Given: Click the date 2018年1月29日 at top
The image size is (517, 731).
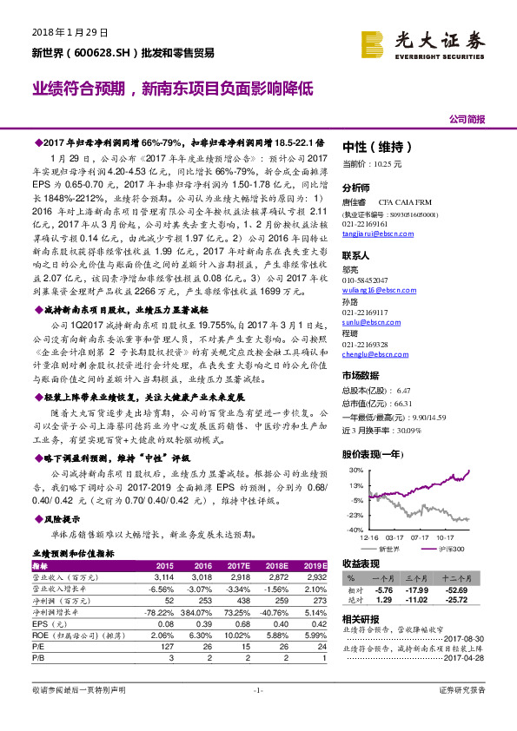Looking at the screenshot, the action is point(69,32).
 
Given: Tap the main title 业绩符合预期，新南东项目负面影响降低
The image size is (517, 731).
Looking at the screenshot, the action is point(172,89).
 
